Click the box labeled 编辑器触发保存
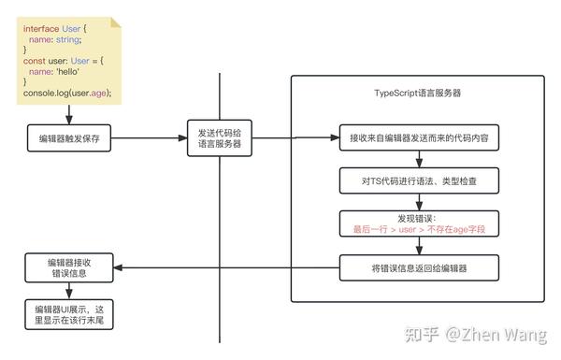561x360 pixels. tap(69, 138)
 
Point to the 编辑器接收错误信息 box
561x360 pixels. tap(69, 268)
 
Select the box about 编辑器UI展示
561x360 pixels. tap(69, 315)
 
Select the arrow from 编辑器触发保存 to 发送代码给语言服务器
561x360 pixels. tap(150, 138)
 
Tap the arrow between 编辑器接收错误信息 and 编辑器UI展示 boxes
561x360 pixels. tap(69, 292)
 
